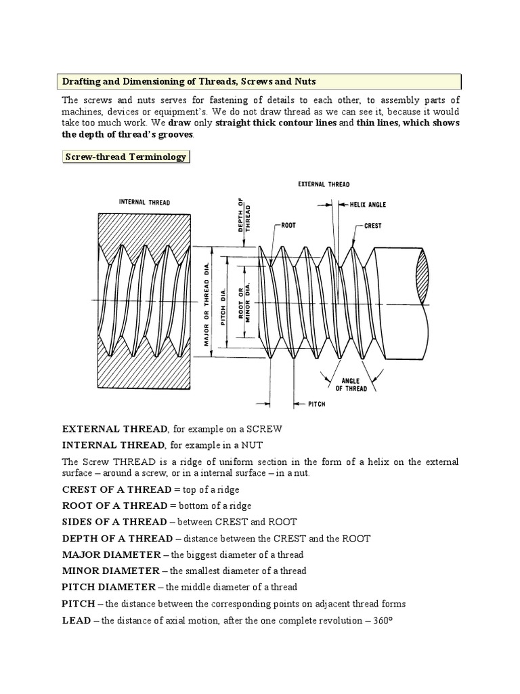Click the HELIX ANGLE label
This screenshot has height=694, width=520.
pos(368,203)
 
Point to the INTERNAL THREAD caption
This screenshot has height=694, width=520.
pos(144,201)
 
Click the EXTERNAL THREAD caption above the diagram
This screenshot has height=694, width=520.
pos(324,184)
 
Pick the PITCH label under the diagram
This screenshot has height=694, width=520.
pos(316,404)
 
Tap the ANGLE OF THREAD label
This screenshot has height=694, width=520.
pos(351,384)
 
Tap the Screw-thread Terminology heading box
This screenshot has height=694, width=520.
pos(125,157)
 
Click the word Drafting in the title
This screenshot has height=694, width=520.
pos(81,81)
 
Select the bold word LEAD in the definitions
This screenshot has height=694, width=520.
pos(76,620)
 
